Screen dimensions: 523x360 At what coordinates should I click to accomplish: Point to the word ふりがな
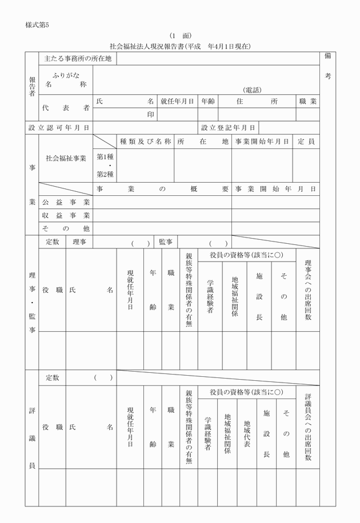pyautogui.click(x=66, y=75)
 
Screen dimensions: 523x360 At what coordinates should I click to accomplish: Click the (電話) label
pyautogui.click(x=251, y=90)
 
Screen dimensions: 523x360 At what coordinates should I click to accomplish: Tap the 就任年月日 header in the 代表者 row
pyautogui.click(x=177, y=101)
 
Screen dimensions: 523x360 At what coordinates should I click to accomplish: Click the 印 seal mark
pyautogui.click(x=151, y=114)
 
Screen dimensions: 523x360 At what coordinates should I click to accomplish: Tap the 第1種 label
pyautogui.click(x=105, y=156)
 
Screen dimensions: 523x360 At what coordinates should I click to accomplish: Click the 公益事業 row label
pyautogui.click(x=66, y=202)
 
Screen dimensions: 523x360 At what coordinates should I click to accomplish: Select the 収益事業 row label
pyautogui.click(x=66, y=215)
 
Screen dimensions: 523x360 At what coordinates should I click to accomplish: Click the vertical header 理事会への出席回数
pyautogui.click(x=308, y=291)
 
